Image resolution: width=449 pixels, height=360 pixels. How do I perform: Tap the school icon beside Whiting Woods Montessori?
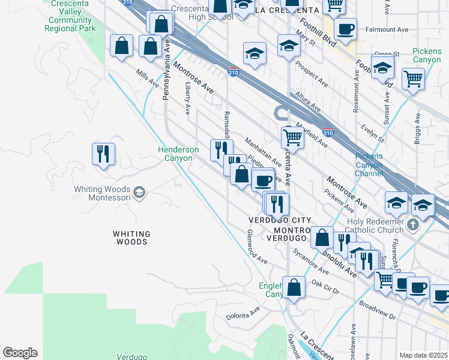point(139,192)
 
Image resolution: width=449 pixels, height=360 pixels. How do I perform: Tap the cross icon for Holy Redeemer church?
point(412,225)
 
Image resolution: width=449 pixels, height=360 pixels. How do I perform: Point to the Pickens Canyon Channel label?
point(369,165)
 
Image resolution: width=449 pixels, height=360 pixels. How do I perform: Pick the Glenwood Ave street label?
point(257,248)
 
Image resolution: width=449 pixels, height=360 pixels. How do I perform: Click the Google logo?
point(20,353)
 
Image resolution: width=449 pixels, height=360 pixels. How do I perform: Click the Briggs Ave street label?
point(417,127)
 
